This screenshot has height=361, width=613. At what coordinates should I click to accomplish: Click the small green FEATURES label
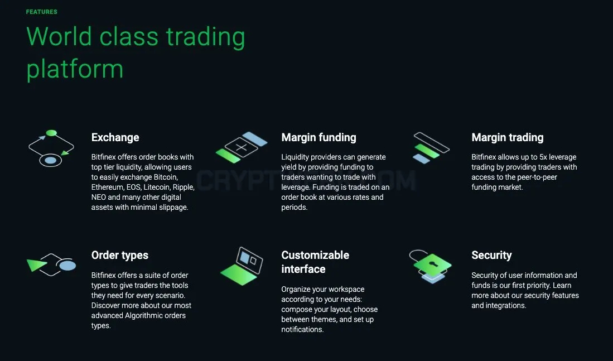click(x=41, y=12)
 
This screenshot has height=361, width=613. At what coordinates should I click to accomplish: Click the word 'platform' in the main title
click(x=75, y=70)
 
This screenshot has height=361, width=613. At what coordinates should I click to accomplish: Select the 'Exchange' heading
click(x=115, y=137)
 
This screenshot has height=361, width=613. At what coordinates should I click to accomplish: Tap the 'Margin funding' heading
click(x=318, y=137)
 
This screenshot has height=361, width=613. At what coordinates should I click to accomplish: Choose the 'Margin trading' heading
click(x=508, y=137)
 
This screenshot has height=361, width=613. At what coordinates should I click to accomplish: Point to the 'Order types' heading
click(x=119, y=256)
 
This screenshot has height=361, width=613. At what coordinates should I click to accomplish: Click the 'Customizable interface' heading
click(x=315, y=262)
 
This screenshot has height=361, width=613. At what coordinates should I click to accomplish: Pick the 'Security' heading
click(x=491, y=255)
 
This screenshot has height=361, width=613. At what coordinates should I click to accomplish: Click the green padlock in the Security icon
click(x=432, y=265)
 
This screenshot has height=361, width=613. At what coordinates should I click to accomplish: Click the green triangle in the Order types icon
click(x=36, y=264)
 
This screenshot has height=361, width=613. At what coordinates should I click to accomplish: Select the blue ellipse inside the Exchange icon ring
click(x=50, y=160)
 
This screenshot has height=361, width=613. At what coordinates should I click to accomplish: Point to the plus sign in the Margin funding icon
click(x=241, y=147)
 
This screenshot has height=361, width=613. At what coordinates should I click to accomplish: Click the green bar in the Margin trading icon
click(x=427, y=151)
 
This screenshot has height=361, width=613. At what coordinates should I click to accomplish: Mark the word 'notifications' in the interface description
click(x=302, y=329)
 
